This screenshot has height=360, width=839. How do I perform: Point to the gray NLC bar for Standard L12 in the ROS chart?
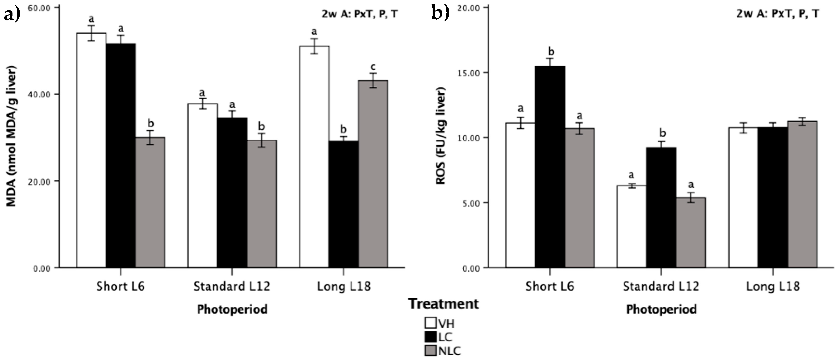click(x=691, y=233)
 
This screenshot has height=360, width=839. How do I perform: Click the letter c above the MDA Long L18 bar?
click(x=373, y=67)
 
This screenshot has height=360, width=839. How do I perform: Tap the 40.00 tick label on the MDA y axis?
click(x=39, y=95)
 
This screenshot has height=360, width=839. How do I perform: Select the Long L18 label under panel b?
click(x=773, y=287)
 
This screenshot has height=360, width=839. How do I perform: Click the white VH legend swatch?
click(x=431, y=323)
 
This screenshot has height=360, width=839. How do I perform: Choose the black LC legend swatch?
click(x=431, y=337)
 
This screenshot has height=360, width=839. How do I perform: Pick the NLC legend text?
click(x=450, y=351)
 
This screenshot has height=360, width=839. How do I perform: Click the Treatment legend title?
click(x=444, y=304)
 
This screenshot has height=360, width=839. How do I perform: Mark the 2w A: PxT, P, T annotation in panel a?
click(x=360, y=14)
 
